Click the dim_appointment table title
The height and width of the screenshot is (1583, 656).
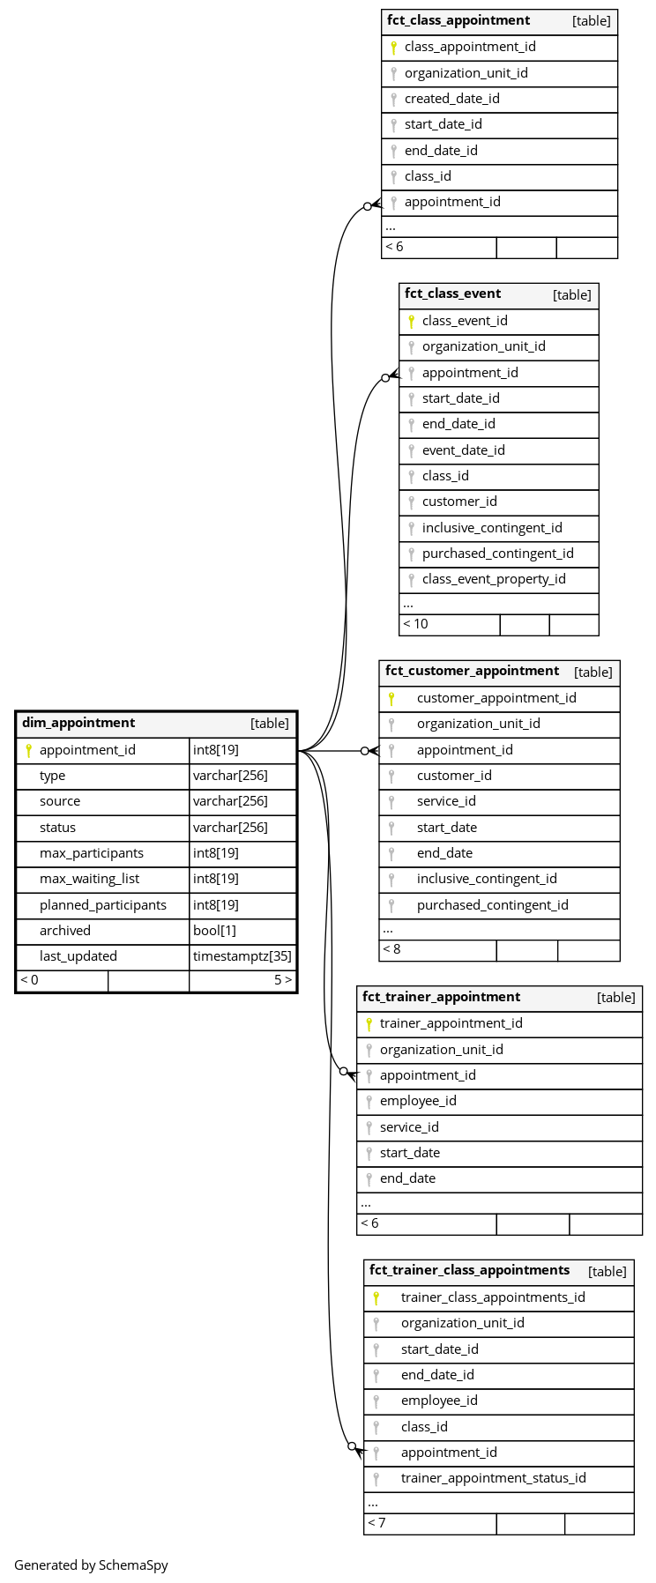click(78, 723)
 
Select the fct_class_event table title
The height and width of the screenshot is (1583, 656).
click(452, 294)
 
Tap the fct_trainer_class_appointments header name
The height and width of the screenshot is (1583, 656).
click(469, 1270)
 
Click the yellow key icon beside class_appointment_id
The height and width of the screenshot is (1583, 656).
click(393, 48)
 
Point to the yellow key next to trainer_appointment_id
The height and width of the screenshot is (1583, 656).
click(369, 1024)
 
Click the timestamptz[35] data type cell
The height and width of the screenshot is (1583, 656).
click(242, 956)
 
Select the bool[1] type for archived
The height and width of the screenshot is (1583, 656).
click(212, 931)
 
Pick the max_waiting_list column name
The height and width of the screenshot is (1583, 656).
click(89, 879)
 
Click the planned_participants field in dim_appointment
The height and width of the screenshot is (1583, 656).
click(102, 905)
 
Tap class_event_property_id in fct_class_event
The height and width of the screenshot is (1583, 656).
click(494, 579)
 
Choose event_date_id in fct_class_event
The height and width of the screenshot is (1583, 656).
click(463, 450)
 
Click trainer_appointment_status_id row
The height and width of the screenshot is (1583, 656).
click(493, 1478)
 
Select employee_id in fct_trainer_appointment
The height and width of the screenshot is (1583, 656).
click(418, 1101)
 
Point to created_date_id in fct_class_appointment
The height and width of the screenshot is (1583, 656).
click(451, 99)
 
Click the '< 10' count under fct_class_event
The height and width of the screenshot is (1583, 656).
click(415, 624)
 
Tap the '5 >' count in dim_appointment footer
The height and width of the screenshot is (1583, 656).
click(283, 980)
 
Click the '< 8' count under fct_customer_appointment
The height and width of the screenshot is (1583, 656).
click(391, 949)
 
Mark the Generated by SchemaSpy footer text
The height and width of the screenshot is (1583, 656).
click(91, 1565)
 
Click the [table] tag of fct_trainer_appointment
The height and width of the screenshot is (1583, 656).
click(615, 998)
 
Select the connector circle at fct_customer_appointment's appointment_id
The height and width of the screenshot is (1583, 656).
click(365, 751)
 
